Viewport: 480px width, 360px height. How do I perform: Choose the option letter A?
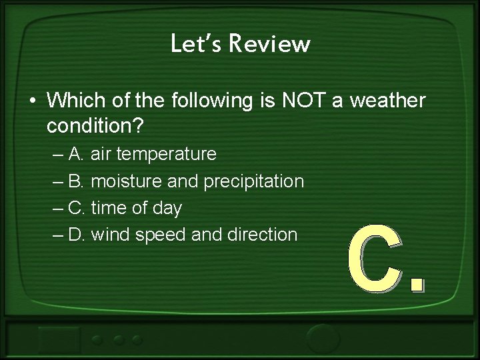(x=76, y=154)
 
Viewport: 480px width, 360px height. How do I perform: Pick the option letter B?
(x=76, y=181)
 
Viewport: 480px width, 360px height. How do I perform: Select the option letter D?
(x=76, y=234)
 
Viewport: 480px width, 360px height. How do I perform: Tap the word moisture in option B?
(x=124, y=181)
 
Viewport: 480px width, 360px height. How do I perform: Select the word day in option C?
(x=167, y=208)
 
